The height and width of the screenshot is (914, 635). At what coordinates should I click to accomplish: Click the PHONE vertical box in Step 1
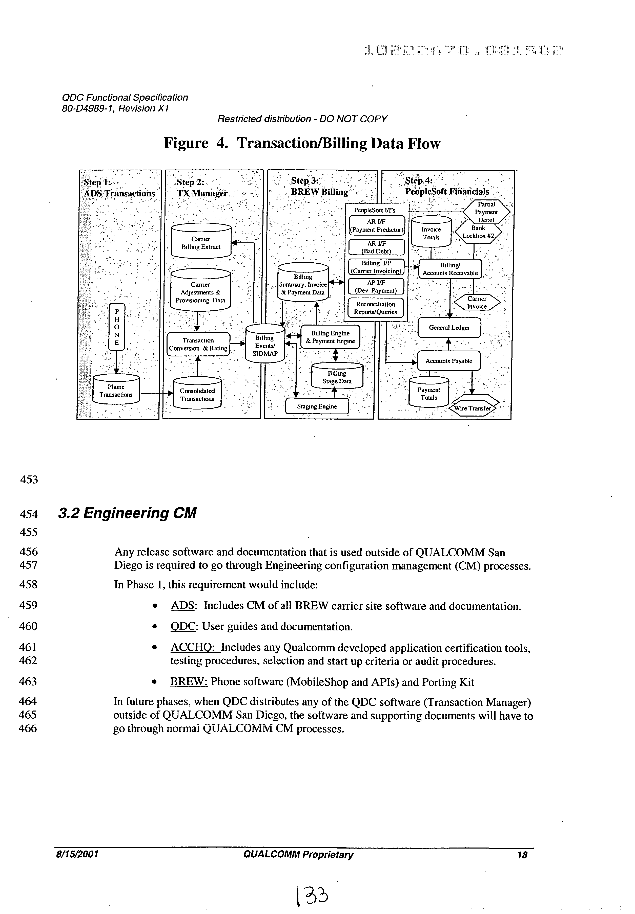point(117,327)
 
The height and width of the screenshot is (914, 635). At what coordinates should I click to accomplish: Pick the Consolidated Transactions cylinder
point(197,395)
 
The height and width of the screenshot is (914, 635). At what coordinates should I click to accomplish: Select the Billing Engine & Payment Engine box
point(330,337)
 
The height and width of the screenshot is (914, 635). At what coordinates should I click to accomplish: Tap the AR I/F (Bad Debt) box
point(376,247)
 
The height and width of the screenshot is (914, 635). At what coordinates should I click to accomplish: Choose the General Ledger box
point(449,327)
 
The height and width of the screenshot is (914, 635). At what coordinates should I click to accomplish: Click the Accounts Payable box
point(448,361)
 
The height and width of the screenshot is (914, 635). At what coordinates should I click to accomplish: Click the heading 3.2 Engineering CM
point(127,513)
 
